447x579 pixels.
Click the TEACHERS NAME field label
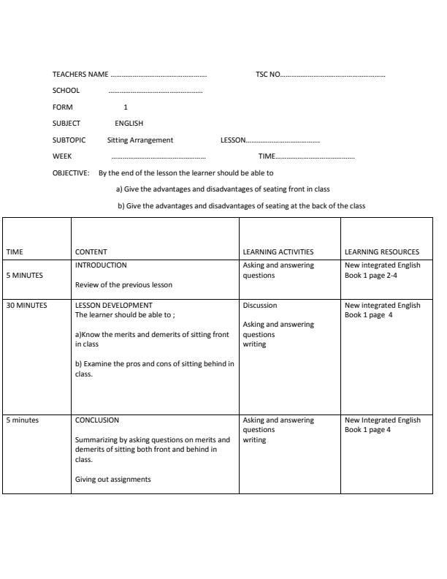[x=80, y=75]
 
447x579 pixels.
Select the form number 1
[x=126, y=107]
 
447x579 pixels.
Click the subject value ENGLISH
[x=129, y=124]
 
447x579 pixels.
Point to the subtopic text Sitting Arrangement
[x=140, y=140]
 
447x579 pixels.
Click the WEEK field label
[x=62, y=156]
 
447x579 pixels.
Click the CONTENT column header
[x=91, y=252]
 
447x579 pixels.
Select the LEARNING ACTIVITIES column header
[x=278, y=252]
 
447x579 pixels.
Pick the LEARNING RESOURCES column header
[x=382, y=252]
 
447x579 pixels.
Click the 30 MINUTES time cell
[x=26, y=306]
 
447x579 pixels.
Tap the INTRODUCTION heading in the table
[x=101, y=265]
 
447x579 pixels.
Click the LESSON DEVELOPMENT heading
[x=114, y=306]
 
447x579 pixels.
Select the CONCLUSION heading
[x=97, y=420]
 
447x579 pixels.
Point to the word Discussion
[x=260, y=306]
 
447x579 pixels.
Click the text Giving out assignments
[x=113, y=480]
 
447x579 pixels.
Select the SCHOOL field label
[x=66, y=91]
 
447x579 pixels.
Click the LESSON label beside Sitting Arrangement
[x=233, y=140]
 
